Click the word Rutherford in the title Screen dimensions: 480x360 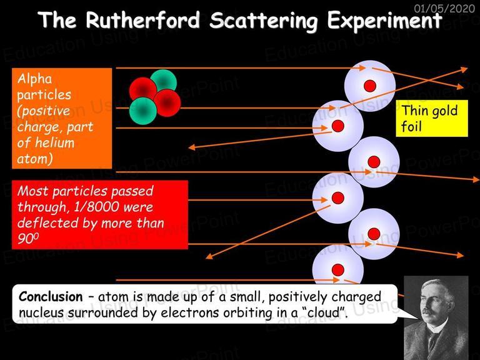point(143,20)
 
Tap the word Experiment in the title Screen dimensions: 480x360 point(384,21)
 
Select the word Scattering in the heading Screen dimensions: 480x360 point(264,21)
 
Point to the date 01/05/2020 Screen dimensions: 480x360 point(444,8)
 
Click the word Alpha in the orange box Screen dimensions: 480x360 point(34,79)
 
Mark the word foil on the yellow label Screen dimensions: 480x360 point(411,126)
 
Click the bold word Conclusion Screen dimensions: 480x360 point(51,297)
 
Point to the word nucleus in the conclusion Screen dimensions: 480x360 point(41,312)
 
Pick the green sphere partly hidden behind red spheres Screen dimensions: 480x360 point(164,81)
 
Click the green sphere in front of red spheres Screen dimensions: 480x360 point(143,111)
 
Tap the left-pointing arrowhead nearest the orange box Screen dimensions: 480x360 point(192,147)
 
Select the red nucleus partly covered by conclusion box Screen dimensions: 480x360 point(338,270)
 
